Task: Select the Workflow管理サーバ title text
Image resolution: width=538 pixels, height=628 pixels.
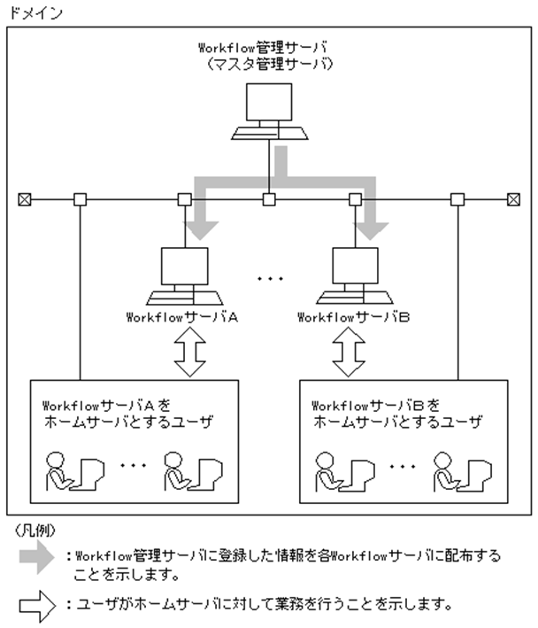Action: (269, 48)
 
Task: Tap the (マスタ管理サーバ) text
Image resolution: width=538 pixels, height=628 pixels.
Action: (269, 64)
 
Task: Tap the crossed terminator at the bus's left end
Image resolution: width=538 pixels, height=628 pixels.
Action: (24, 199)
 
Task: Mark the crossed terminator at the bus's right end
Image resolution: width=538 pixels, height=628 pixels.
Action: (513, 199)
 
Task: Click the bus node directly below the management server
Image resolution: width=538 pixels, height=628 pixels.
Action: (269, 199)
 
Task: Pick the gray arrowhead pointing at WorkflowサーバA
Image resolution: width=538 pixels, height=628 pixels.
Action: (203, 229)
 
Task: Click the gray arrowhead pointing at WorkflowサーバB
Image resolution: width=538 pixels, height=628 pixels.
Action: (373, 229)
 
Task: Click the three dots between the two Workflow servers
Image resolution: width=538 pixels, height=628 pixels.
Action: (269, 277)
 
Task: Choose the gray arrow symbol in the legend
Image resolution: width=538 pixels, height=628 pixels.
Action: (39, 556)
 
